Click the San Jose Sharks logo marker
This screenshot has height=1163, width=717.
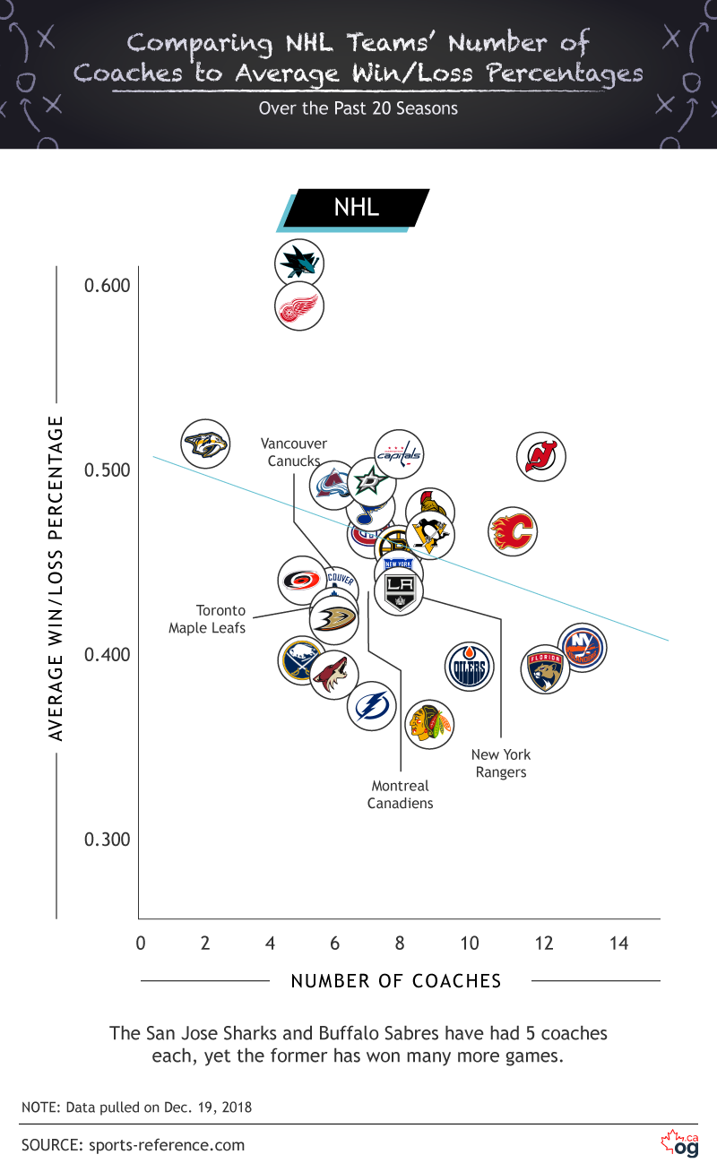[x=299, y=263]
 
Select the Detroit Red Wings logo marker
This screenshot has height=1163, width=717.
[x=298, y=306]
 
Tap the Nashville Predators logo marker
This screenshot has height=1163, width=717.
[x=206, y=444]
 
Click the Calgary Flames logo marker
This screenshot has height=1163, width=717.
[x=513, y=532]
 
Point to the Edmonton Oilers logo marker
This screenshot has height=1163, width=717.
[x=470, y=667]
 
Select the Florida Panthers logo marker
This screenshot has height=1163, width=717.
[x=545, y=668]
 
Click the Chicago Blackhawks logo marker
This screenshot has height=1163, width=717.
[x=430, y=723]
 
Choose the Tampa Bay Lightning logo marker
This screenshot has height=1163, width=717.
[x=372, y=705]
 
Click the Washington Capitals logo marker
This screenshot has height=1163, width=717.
[x=398, y=455]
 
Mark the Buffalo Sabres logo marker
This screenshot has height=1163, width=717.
[x=301, y=661]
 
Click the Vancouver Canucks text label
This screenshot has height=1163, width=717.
[x=294, y=452]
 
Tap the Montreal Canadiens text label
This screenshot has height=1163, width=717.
[x=401, y=795]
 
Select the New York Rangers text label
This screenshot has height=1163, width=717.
[x=501, y=763]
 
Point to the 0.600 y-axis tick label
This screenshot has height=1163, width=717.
[x=108, y=286]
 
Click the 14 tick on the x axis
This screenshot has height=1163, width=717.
[x=618, y=943]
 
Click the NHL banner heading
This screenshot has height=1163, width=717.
[x=357, y=208]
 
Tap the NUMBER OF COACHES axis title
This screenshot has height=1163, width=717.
[x=396, y=981]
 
